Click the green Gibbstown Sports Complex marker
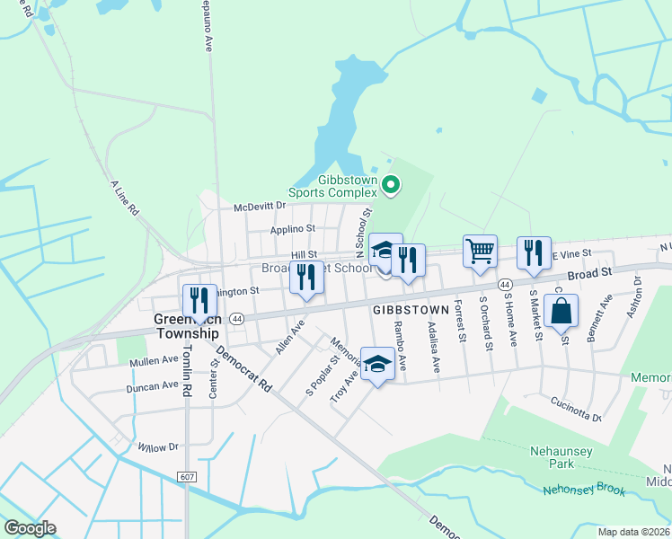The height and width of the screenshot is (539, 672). click(390, 186)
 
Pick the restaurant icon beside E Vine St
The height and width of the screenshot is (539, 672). click(534, 252)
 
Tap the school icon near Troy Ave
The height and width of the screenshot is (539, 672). click(378, 364)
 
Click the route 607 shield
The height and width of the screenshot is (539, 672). click(186, 476)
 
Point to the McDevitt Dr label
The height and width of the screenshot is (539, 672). click(259, 208)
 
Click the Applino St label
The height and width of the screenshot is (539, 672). click(294, 230)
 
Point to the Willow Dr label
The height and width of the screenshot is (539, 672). click(158, 446)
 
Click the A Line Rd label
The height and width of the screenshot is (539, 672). click(125, 198)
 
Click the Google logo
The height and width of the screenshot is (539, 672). click(30, 528)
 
